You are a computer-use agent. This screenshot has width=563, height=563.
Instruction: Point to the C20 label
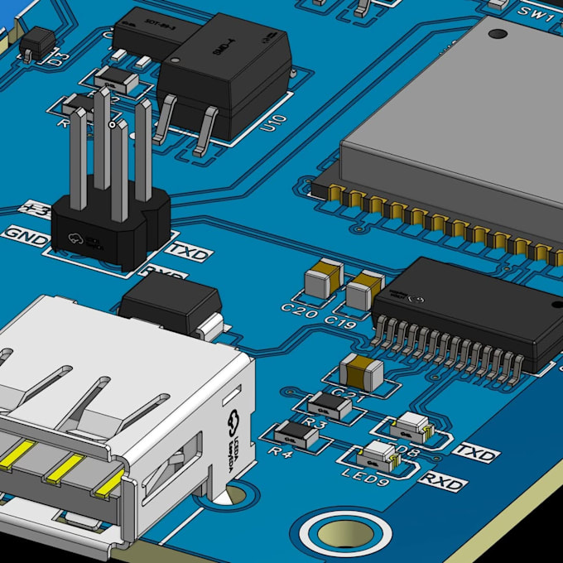pos(299,310)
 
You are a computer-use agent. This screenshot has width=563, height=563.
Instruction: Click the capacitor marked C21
pos(362,373)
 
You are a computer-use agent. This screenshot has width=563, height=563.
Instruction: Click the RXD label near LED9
pos(442,481)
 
